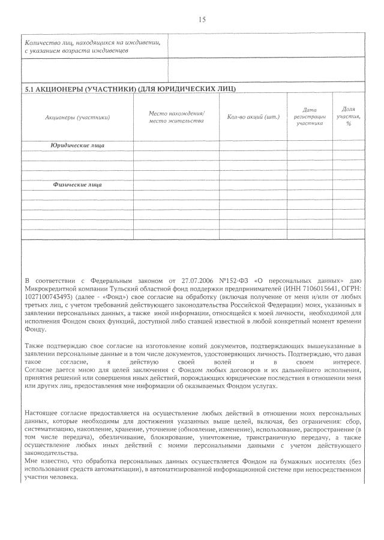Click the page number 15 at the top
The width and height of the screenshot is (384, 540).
pos(202,19)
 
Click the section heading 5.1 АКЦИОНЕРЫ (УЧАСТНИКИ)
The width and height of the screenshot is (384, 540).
pos(130,89)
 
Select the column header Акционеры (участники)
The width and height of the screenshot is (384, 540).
pos(78,117)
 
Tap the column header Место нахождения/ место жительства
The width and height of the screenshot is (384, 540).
pos(176,117)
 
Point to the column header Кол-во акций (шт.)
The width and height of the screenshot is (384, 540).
pos(254,117)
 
